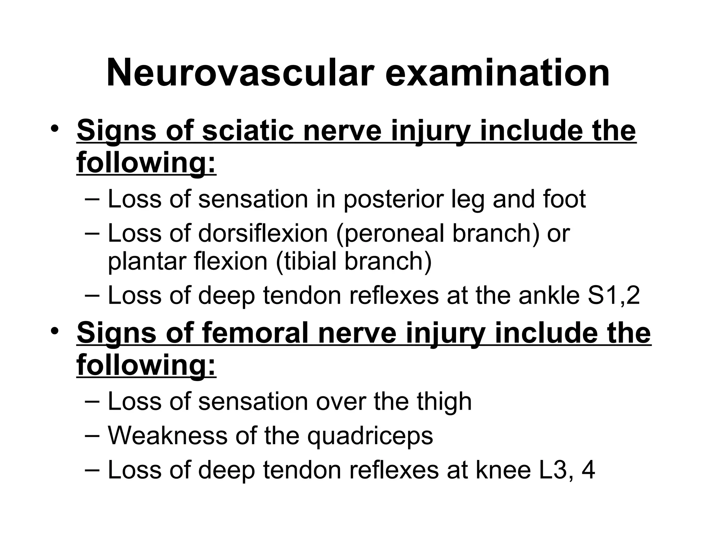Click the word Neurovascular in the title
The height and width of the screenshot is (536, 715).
tap(238, 73)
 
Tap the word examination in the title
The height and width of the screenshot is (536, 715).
tap(497, 73)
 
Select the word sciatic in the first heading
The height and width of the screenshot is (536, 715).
tap(248, 131)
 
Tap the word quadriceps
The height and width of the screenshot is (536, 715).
tap(370, 436)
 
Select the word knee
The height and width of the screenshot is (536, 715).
tap(503, 470)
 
